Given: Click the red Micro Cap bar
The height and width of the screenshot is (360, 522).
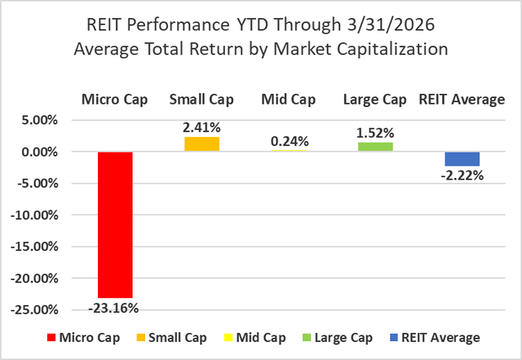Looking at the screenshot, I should coord(115,224).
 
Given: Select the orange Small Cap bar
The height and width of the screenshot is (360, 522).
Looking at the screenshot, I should coord(201,144).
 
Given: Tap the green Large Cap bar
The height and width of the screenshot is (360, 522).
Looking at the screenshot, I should coord(375,147).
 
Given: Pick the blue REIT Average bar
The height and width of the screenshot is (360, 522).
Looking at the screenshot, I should coord(462,158).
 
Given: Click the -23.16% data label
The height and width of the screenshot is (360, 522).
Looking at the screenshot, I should coord(115,309).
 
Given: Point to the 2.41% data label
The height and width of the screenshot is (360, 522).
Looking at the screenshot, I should coord(201,127).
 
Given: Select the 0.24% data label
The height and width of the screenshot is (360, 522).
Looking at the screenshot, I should coord(289,140).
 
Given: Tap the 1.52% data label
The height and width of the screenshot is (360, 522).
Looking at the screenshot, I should coord(375,132).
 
